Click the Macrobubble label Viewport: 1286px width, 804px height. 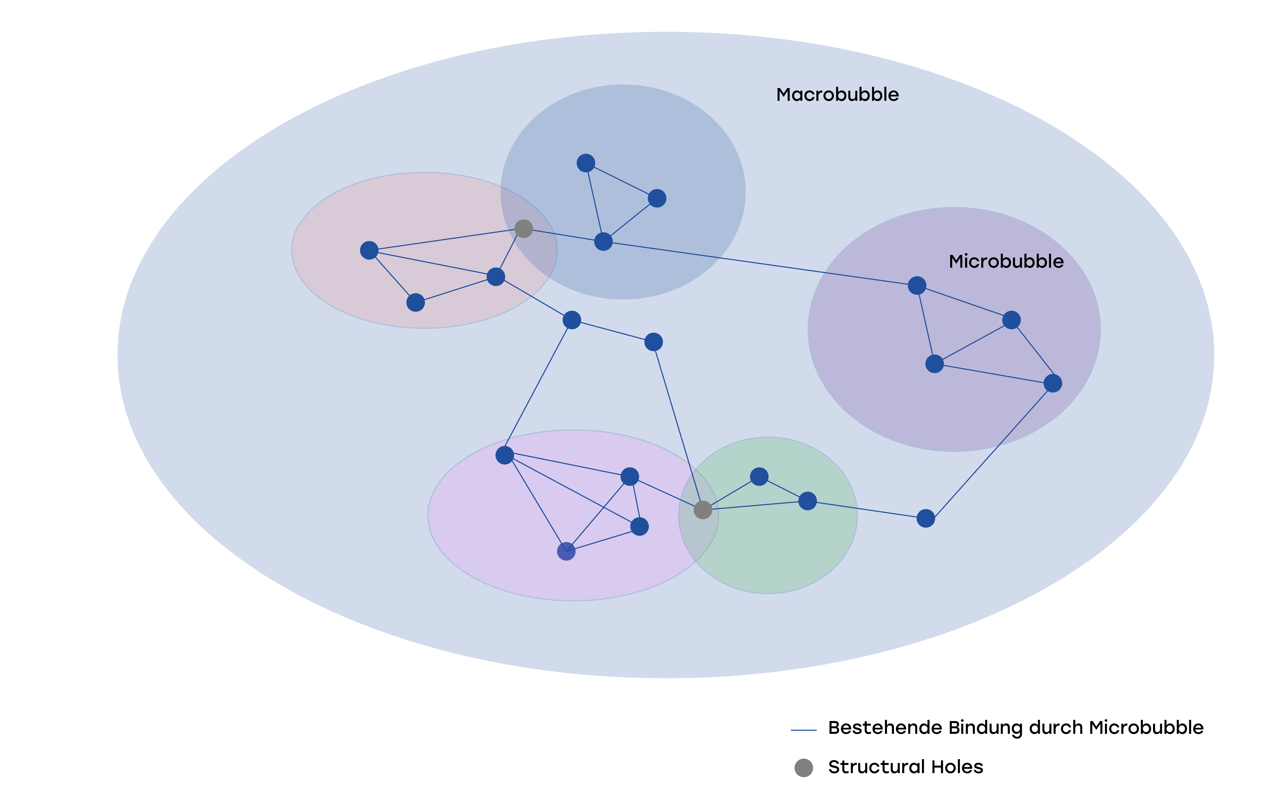[837, 95]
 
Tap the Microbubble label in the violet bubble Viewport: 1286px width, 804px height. [1006, 262]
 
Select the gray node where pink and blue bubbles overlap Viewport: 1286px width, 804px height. [524, 229]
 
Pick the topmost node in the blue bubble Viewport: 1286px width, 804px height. [586, 163]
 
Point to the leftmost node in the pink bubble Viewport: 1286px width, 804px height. [369, 250]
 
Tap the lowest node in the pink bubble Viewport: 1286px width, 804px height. [416, 302]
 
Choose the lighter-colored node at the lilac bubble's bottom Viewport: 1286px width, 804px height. [566, 552]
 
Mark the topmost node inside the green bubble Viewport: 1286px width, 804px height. [759, 477]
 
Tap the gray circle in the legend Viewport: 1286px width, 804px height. [804, 768]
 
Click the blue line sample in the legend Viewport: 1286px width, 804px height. [804, 730]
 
